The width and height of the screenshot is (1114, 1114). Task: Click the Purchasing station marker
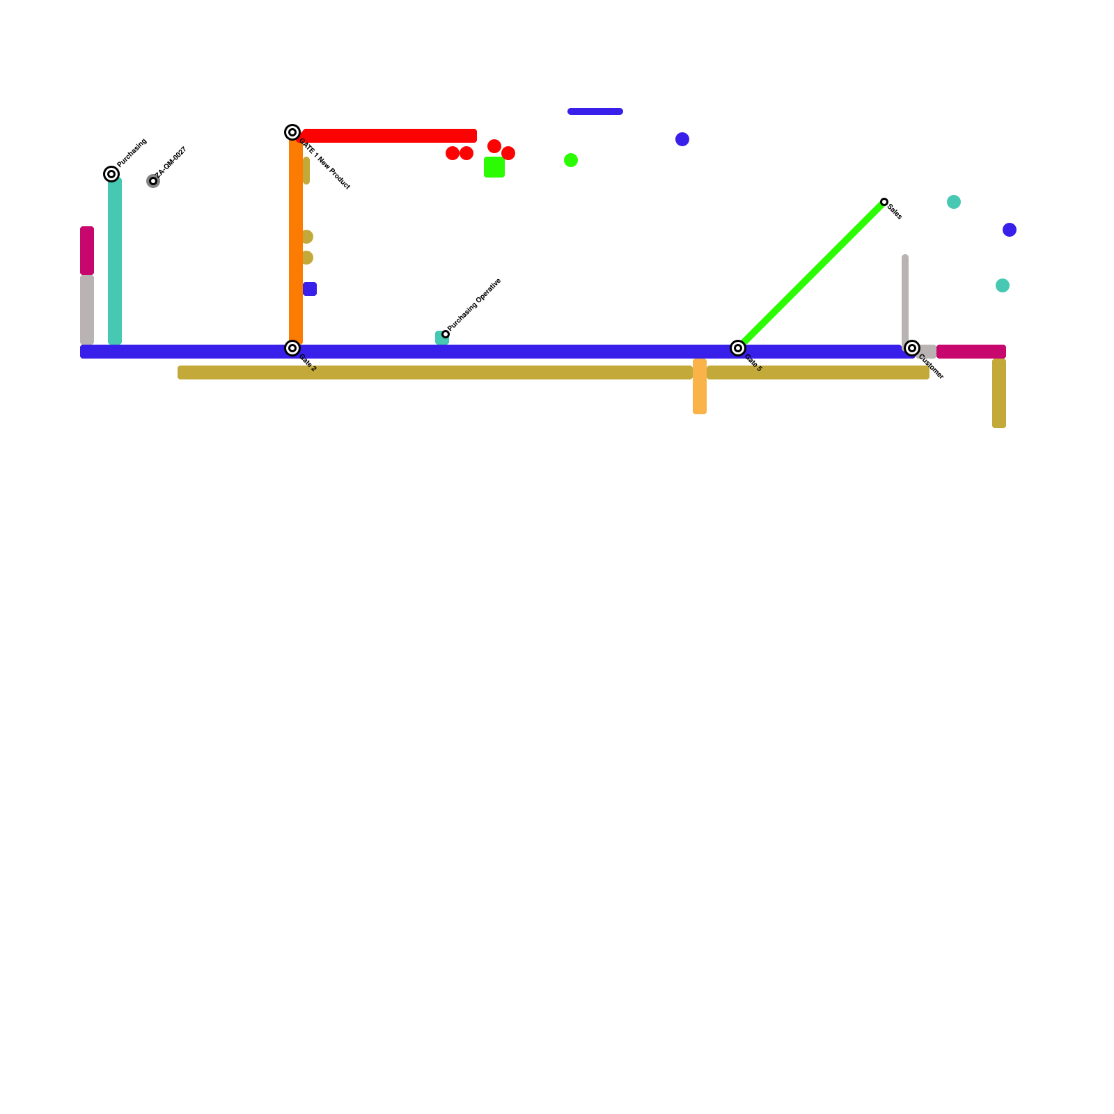[111, 174]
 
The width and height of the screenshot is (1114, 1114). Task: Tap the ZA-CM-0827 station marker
[153, 181]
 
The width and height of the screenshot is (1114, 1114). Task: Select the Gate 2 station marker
[292, 348]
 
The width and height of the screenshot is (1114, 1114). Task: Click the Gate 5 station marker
[738, 348]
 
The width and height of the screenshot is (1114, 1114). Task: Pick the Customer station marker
[912, 348]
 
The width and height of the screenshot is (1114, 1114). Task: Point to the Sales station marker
[884, 202]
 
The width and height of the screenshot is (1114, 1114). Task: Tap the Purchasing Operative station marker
[446, 334]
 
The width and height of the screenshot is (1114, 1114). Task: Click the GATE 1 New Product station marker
[292, 132]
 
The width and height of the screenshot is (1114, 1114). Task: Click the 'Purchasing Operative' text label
[475, 304]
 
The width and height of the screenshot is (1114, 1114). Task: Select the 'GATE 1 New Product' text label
[324, 164]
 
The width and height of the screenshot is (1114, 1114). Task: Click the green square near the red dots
[494, 167]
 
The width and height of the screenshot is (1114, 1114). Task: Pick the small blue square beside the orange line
[310, 289]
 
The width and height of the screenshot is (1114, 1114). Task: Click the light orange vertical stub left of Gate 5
[700, 386]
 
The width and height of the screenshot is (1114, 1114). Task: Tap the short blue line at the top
[595, 111]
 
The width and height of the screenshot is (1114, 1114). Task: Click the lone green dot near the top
[571, 160]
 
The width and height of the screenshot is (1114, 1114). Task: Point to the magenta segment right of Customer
[971, 352]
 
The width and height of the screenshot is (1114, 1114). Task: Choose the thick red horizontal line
[390, 136]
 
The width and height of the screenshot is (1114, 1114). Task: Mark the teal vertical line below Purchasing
[115, 261]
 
